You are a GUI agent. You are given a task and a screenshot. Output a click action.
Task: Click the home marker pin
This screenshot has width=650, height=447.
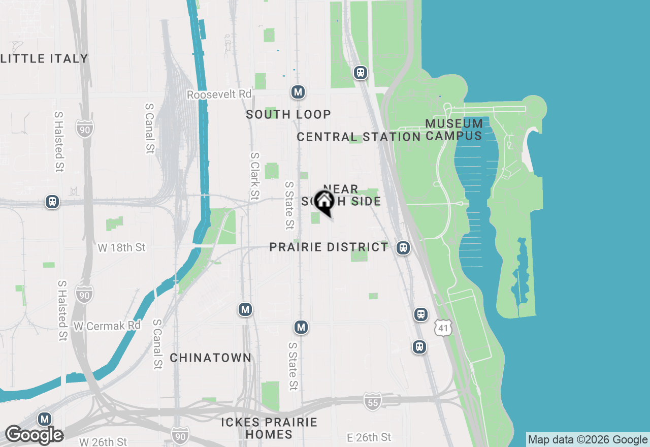tap(324, 201)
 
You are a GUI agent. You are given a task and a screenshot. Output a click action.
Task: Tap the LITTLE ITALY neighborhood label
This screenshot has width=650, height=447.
tap(45, 58)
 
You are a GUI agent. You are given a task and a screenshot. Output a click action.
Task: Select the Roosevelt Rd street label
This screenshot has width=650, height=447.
tap(219, 94)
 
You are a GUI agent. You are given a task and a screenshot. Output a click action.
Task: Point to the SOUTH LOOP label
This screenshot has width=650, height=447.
tap(288, 114)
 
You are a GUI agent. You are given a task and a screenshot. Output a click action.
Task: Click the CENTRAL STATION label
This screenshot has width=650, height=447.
tap(359, 137)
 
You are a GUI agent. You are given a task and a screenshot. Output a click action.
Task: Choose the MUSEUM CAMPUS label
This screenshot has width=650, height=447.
tap(454, 130)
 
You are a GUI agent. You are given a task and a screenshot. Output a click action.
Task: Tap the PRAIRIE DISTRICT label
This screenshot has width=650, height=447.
tap(329, 247)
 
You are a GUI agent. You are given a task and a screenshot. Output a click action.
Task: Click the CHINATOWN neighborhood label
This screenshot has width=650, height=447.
tap(210, 358)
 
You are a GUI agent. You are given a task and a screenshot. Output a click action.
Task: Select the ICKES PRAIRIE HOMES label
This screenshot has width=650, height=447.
tap(269, 428)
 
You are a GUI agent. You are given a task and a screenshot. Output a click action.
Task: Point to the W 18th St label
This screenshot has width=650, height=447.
tap(121, 247)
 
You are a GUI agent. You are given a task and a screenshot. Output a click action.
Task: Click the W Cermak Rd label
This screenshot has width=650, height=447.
tap(107, 326)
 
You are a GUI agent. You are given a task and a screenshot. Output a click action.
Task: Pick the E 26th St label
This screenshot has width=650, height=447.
tap(369, 437)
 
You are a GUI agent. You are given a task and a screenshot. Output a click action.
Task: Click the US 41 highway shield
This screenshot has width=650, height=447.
tap(443, 328)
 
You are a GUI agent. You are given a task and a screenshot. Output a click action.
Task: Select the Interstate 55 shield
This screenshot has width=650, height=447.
tap(372, 401)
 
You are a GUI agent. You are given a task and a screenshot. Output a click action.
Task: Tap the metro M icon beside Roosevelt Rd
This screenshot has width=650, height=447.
tap(298, 92)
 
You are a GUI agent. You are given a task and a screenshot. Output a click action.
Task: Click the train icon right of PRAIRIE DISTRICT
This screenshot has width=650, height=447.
tap(403, 248)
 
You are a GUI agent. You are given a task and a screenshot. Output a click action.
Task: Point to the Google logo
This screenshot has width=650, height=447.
tap(34, 435)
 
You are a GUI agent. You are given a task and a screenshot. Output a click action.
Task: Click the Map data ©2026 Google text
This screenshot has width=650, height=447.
tap(588, 440)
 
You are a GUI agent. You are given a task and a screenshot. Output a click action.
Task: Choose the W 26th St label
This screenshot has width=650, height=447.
tap(103, 441)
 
